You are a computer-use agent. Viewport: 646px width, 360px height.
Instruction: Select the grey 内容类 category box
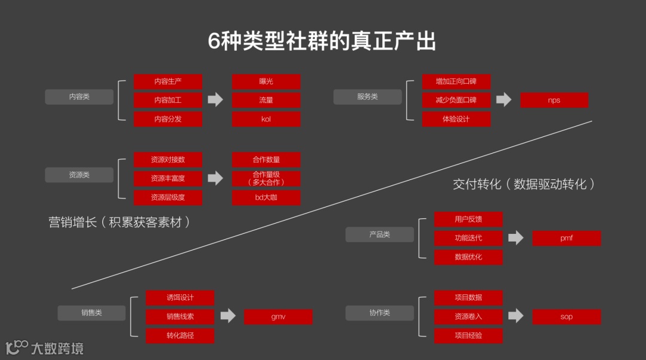pyautogui.click(x=79, y=97)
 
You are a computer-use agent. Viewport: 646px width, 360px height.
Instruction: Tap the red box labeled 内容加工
pyautogui.click(x=168, y=100)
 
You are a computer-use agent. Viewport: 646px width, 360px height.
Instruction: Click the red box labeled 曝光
pyautogui.click(x=266, y=81)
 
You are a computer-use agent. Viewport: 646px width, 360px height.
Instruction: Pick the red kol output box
pyautogui.click(x=266, y=119)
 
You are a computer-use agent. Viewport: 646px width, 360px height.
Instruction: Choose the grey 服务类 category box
pyautogui.click(x=367, y=97)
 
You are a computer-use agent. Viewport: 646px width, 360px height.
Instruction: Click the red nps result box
pyautogui.click(x=554, y=100)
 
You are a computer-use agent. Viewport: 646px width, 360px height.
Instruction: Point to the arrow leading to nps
pyautogui.click(x=504, y=100)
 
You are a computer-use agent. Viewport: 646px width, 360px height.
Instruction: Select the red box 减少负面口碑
pyautogui.click(x=456, y=100)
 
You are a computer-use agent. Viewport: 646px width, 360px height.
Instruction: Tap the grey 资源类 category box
pyautogui.click(x=79, y=175)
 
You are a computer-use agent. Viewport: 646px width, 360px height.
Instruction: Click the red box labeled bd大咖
pyautogui.click(x=266, y=198)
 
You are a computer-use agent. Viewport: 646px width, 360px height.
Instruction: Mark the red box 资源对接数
pyautogui.click(x=168, y=160)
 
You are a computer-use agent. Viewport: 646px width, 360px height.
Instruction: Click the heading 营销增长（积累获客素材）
pyautogui.click(x=120, y=222)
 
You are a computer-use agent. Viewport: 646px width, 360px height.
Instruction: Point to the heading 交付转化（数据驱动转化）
pyautogui.click(x=524, y=184)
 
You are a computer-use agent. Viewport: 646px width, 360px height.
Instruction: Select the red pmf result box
pyautogui.click(x=566, y=238)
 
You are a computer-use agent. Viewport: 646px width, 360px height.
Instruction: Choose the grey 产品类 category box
pyautogui.click(x=379, y=234)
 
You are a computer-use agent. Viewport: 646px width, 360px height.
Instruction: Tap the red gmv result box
pyautogui.click(x=278, y=317)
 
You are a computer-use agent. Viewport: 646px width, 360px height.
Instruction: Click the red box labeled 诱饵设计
pyautogui.click(x=180, y=298)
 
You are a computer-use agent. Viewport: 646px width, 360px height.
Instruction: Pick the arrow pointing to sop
pyautogui.click(x=516, y=316)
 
